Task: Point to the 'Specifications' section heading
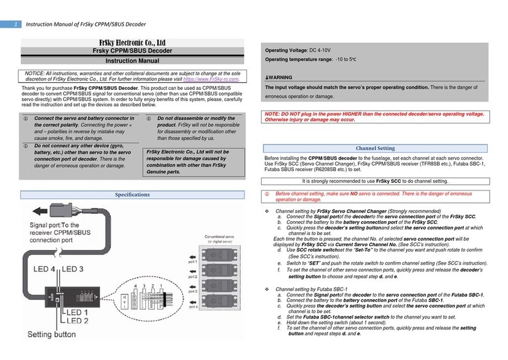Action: pyautogui.click(x=133, y=195)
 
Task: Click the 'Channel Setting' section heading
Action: pyautogui.click(x=376, y=148)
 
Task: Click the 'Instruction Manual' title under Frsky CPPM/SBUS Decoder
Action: pyautogui.click(x=133, y=64)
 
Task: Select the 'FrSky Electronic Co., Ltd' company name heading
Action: pyautogui.click(x=133, y=43)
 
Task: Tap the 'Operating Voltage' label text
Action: pyautogui.click(x=290, y=50)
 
